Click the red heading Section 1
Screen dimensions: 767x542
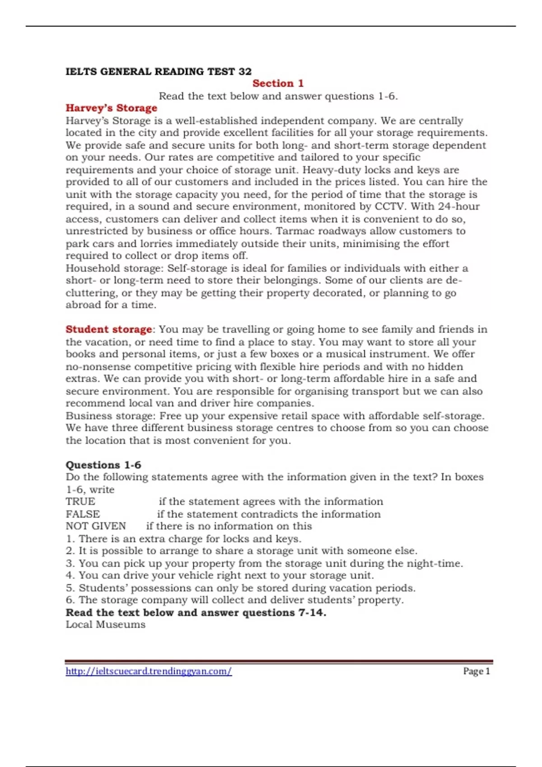click(278, 83)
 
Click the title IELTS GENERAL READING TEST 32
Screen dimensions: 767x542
click(159, 71)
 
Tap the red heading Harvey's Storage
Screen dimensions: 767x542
click(112, 108)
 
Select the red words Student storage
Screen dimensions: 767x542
click(109, 329)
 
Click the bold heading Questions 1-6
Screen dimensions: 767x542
click(103, 465)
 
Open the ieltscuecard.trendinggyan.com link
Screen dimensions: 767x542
click(149, 671)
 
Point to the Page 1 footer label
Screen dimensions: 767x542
click(476, 671)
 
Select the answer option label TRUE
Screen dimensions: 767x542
click(80, 502)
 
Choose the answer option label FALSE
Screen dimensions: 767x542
click(83, 514)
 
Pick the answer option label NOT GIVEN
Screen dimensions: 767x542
click(96, 526)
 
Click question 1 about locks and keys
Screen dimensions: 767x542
click(183, 539)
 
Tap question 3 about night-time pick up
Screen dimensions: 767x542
click(264, 564)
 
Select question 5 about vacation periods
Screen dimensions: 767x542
click(241, 588)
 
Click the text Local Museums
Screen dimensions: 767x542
click(106, 625)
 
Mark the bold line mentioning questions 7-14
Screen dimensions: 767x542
click(196, 613)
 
